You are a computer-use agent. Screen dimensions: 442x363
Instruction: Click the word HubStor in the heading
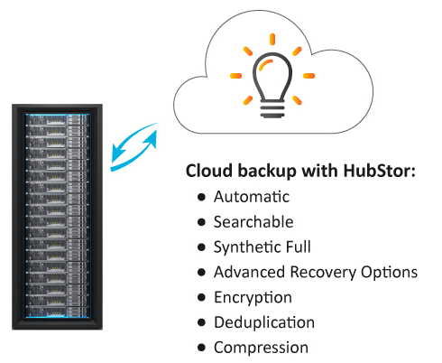tap(379, 171)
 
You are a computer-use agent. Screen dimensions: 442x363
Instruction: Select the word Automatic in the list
tap(252, 197)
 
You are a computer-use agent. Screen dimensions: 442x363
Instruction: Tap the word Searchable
tap(253, 222)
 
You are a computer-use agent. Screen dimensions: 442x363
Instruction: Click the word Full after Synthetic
tap(298, 247)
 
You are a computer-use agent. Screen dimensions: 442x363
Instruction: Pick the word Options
tap(389, 273)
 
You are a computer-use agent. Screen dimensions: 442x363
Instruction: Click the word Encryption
tap(253, 298)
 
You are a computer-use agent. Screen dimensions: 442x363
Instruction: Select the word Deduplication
tap(264, 322)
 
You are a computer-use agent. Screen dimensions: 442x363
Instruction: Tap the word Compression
tap(261, 348)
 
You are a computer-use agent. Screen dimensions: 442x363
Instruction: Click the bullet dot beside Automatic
tap(202, 197)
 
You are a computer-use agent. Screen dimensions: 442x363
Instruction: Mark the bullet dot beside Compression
tap(202, 348)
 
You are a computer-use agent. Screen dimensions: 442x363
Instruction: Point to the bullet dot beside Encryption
tap(202, 297)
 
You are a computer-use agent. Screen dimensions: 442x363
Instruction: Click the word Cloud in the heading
tap(209, 171)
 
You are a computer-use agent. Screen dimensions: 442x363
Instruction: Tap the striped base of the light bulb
tap(272, 111)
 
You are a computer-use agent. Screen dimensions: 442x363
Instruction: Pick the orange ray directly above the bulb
tap(272, 39)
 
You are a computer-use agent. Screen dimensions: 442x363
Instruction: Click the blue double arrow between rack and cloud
tap(134, 147)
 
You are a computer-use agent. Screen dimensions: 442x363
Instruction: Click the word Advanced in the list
tap(249, 272)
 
